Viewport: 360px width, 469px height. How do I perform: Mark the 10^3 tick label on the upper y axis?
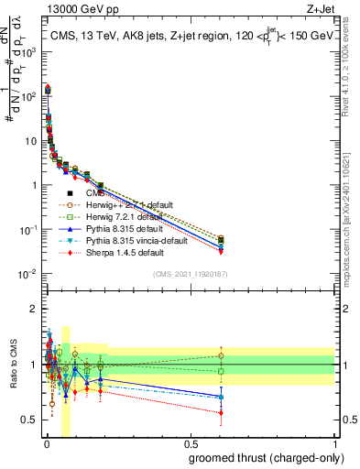tap(30, 51)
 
